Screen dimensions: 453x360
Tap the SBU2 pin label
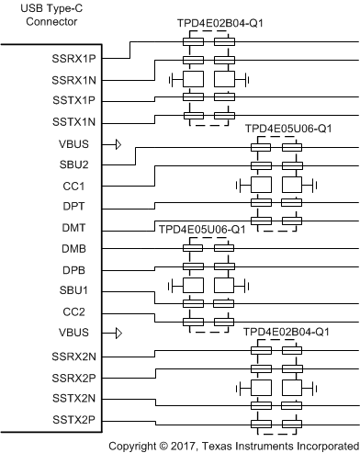79,164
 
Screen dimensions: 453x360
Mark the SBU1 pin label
79,290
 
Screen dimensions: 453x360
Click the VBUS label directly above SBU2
78,143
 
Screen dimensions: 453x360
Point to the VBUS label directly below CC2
78,333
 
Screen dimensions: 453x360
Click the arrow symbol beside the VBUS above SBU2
118,143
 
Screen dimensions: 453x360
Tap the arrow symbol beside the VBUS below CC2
118,333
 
